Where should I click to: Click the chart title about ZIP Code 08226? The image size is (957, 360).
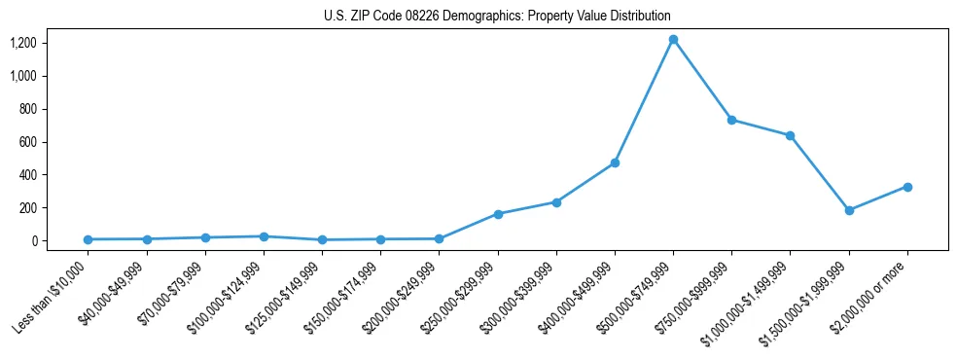tap(497, 17)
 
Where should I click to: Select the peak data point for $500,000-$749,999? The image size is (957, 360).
tap(673, 40)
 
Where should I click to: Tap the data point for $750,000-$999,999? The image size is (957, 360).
tap(731, 120)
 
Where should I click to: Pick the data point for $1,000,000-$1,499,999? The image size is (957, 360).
tap(790, 135)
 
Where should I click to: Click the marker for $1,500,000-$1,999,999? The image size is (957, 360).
tap(849, 210)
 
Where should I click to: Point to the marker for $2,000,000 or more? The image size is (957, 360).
tap(907, 187)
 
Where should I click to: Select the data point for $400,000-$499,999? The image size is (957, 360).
tap(615, 162)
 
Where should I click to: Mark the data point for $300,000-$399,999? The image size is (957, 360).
tap(556, 202)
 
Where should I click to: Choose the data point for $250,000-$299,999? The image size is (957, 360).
tap(498, 214)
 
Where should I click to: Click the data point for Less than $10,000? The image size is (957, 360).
tap(88, 239)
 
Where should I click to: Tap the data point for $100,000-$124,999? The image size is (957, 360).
tap(264, 236)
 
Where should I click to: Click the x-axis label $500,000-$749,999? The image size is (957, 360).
tap(639, 297)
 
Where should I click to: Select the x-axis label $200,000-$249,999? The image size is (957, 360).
tap(405, 297)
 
